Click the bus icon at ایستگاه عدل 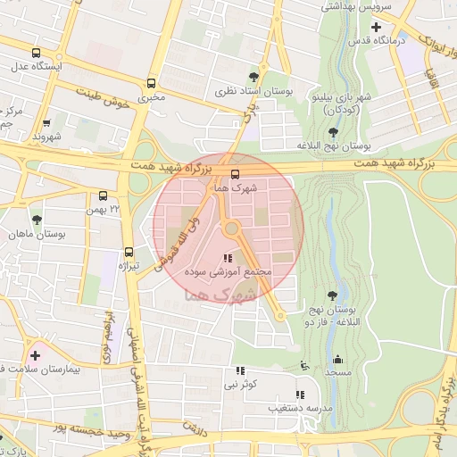[x=36, y=53]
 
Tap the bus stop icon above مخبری [x=151, y=82]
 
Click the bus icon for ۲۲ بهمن [x=103, y=195]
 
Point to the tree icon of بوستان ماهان [x=37, y=219]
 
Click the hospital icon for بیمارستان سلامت [x=35, y=355]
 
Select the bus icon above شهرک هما [x=235, y=174]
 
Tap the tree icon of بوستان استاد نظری [x=254, y=77]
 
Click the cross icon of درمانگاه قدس [x=376, y=27]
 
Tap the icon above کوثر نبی [x=239, y=370]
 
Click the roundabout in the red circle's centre [x=231, y=228]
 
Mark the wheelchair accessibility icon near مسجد [x=305, y=364]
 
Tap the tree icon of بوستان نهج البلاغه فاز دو [x=332, y=295]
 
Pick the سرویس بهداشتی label [x=354, y=5]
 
